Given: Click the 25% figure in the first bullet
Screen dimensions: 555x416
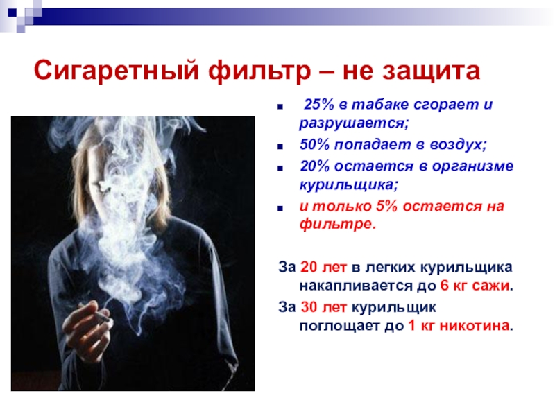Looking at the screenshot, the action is tap(319, 105).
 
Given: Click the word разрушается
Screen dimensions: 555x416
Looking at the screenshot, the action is tap(354, 123).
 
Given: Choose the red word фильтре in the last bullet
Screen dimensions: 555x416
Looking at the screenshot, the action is tap(338, 224).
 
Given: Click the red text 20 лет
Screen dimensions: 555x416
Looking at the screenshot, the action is tap(323, 267).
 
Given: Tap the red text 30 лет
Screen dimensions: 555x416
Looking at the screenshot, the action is tap(323, 307).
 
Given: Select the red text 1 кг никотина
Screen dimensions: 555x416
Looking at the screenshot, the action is tap(459, 325).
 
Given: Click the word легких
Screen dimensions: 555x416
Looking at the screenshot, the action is tap(390, 268).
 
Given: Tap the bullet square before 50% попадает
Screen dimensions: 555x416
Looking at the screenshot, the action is tap(281, 146).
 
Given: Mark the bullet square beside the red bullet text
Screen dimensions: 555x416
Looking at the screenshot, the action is tap(281, 209).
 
